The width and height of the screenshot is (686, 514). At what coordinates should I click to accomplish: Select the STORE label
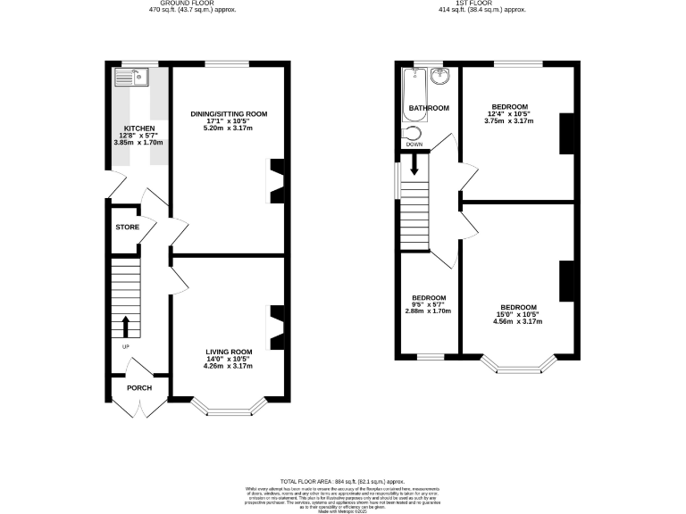[x=127, y=228]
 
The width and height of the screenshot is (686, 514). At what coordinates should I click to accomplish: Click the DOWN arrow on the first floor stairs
[x=414, y=164]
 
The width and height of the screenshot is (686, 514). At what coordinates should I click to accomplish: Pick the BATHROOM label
[x=429, y=108]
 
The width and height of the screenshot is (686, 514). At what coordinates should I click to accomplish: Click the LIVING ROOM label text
[x=229, y=352]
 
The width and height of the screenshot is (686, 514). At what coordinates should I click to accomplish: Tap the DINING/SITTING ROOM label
[x=229, y=114]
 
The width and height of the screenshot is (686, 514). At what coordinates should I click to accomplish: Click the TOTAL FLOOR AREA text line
[x=343, y=480]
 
